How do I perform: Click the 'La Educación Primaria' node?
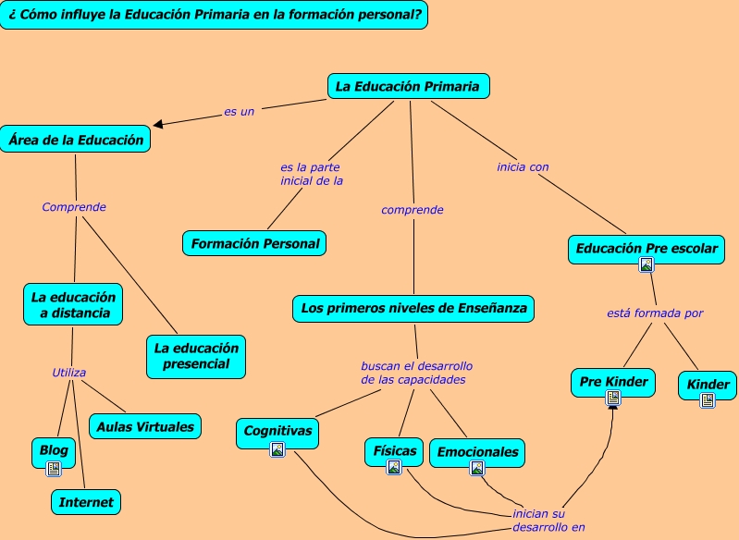408,87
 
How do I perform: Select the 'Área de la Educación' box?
76,140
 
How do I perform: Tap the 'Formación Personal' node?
254,244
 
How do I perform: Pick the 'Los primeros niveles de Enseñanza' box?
413,308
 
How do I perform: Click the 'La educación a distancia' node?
73,305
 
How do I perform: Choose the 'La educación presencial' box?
196,356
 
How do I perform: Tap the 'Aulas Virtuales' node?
145,426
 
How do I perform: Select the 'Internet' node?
86,502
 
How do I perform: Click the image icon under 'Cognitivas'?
277,449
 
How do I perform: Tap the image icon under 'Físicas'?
394,468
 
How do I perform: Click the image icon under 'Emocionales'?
477,468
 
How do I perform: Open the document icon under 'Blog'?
54,469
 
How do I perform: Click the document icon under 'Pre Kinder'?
613,398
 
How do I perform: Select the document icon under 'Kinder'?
708,400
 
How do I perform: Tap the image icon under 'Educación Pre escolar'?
647,264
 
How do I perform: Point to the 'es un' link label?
239,111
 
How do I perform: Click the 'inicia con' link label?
523,167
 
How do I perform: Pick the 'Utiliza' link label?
69,373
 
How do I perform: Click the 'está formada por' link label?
655,313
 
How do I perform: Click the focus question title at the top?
214,15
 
